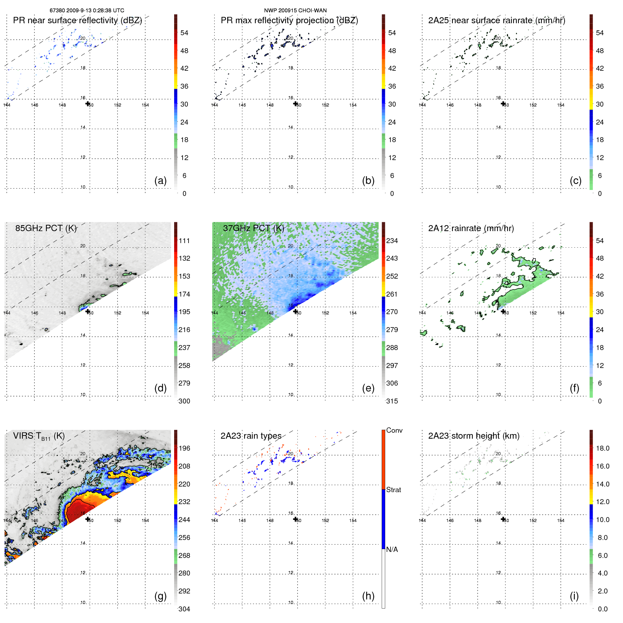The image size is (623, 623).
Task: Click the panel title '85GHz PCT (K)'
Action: click(x=46, y=228)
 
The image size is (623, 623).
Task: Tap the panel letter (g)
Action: click(x=160, y=596)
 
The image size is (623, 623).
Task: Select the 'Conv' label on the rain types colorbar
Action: click(x=394, y=430)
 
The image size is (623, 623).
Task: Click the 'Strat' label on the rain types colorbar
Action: click(x=393, y=490)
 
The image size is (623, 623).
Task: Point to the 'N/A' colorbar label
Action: click(x=392, y=549)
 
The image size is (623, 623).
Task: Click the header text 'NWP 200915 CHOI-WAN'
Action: click(x=295, y=11)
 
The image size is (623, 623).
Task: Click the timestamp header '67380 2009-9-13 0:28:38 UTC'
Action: click(x=87, y=11)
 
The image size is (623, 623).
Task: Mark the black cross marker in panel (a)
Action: click(x=88, y=103)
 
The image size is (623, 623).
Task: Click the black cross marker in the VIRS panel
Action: click(x=88, y=519)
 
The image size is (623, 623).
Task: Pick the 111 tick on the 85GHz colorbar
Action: click(x=184, y=241)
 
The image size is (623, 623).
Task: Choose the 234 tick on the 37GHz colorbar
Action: click(x=392, y=241)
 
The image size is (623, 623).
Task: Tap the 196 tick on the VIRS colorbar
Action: click(x=184, y=448)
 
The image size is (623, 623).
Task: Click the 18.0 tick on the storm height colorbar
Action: click(x=603, y=448)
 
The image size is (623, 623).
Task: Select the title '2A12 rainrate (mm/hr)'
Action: click(x=471, y=228)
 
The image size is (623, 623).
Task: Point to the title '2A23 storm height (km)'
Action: click(x=473, y=436)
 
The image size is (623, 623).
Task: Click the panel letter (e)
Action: click(x=368, y=388)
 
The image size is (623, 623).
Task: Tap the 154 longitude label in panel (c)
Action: click(x=561, y=105)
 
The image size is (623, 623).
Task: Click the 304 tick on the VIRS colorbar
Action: click(x=184, y=609)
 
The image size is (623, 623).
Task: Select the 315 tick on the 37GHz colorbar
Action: click(x=392, y=401)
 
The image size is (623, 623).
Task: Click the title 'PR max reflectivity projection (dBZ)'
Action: click(x=289, y=20)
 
